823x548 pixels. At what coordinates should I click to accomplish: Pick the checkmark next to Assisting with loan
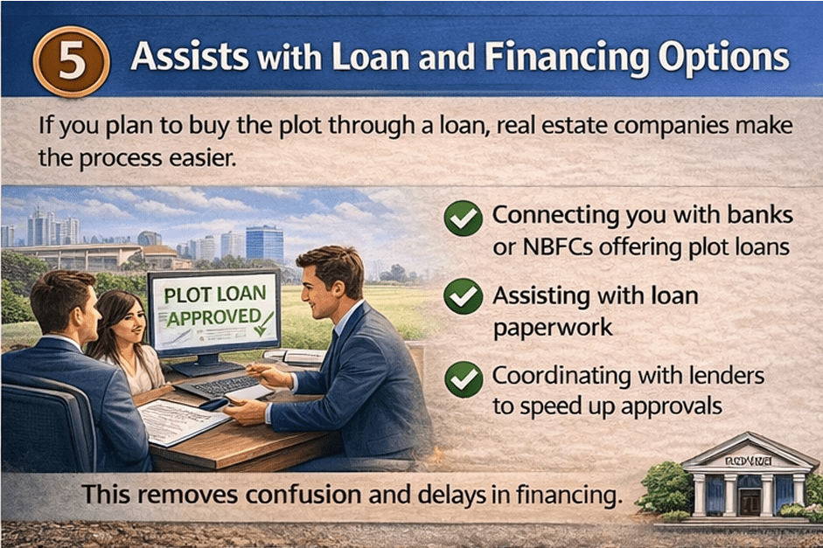(463, 296)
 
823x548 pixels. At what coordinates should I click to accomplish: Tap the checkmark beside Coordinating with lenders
(463, 378)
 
